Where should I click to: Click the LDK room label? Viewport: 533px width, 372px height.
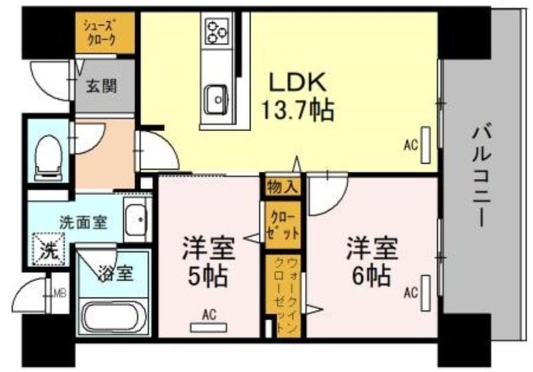click(297, 82)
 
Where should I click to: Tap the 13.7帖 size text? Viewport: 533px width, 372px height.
click(296, 110)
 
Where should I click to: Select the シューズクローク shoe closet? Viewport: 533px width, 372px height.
click(104, 33)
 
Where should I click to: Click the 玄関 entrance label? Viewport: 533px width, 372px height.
click(101, 86)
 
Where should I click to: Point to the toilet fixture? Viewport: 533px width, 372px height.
click(48, 158)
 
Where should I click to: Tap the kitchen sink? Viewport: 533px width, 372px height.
click(216, 99)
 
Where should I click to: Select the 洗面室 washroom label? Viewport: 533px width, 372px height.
click(83, 223)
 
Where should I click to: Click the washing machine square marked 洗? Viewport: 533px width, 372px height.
click(48, 249)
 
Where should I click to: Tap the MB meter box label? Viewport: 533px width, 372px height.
click(61, 293)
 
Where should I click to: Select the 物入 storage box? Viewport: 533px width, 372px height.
click(282, 187)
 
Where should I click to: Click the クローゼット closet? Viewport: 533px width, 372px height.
click(282, 225)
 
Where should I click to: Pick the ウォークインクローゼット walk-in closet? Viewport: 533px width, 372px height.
click(288, 296)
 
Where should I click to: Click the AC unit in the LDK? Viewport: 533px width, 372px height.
click(426, 145)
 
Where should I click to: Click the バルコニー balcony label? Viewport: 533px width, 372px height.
click(482, 176)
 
